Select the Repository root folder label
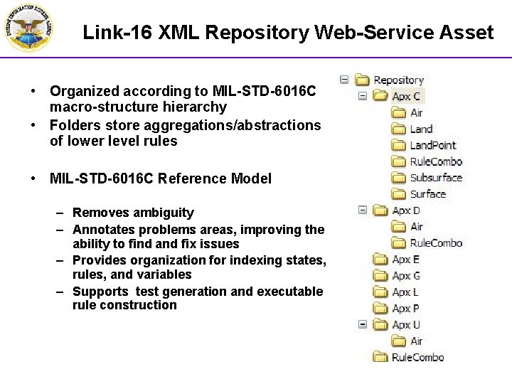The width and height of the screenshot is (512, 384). click(398, 80)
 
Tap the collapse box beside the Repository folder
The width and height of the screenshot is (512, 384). click(344, 80)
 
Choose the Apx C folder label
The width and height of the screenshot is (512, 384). click(406, 96)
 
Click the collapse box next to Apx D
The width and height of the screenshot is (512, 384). click(362, 210)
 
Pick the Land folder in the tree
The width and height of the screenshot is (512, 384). click(421, 129)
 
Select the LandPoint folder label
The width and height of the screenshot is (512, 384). click(432, 145)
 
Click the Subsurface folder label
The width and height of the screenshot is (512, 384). click(435, 178)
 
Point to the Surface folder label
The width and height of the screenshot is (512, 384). click(427, 194)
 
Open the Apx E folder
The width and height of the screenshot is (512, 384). click(405, 260)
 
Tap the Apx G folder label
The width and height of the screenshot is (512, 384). click(406, 276)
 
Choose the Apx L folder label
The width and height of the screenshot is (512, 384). click(405, 292)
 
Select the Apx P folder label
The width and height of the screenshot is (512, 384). click(405, 309)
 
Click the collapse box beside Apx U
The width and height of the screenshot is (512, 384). click(362, 325)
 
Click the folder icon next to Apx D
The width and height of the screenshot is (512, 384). click(380, 210)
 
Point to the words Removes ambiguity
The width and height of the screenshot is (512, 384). click(133, 213)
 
